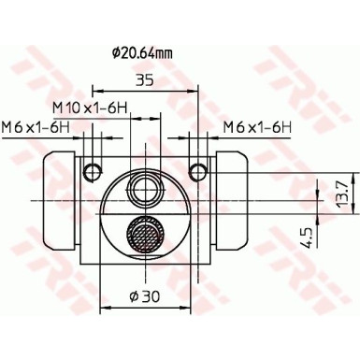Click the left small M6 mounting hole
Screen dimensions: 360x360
[91, 170]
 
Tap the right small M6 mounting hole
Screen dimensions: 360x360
[197, 170]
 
